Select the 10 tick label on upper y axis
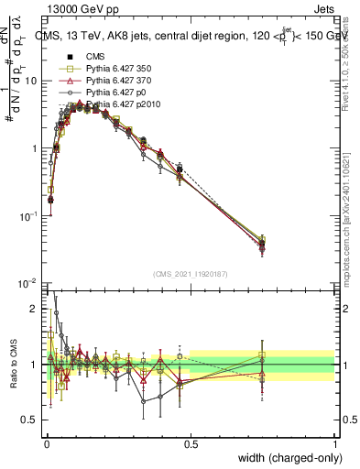pos(31,81)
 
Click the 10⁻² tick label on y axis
pos(28,283)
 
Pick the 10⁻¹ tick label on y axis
pos(28,215)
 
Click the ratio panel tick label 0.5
pos(30,420)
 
